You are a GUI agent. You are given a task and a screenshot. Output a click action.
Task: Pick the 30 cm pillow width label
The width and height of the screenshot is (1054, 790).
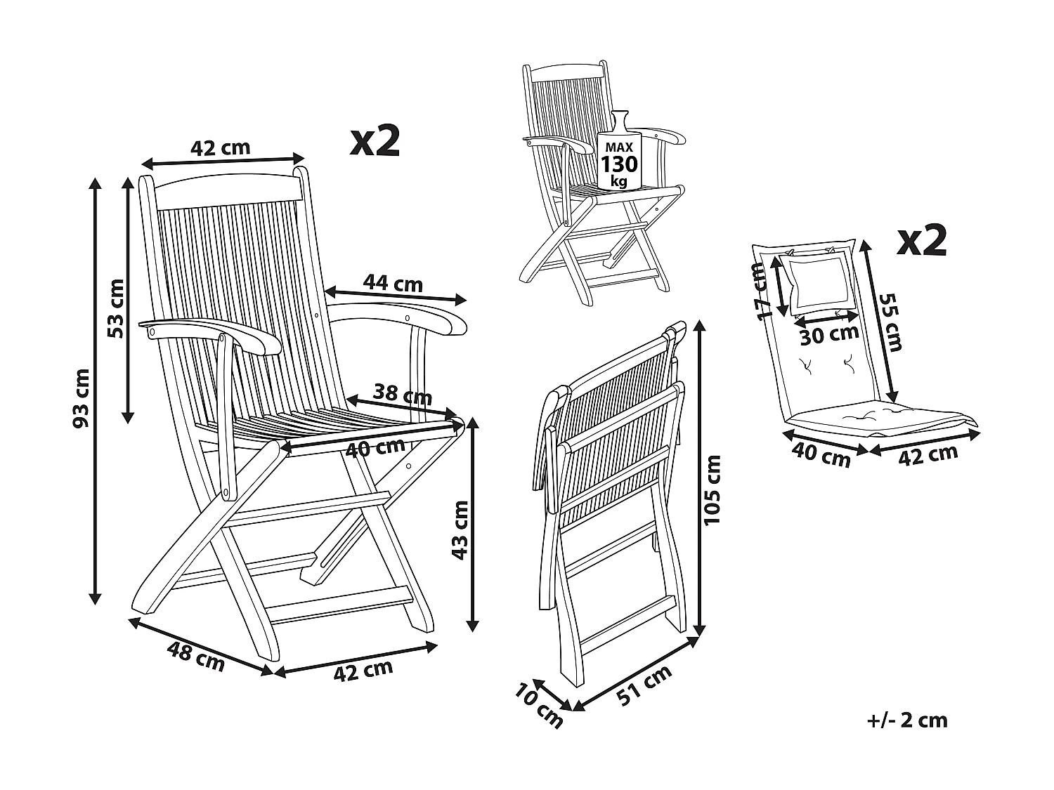coord(830,335)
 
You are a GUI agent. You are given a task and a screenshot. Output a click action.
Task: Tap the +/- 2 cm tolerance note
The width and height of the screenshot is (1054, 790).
coord(906,720)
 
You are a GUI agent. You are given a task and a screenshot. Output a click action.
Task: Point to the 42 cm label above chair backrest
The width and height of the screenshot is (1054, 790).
coord(220,147)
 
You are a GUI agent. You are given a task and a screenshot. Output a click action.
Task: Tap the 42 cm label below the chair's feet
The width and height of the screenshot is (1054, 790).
coord(363,671)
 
